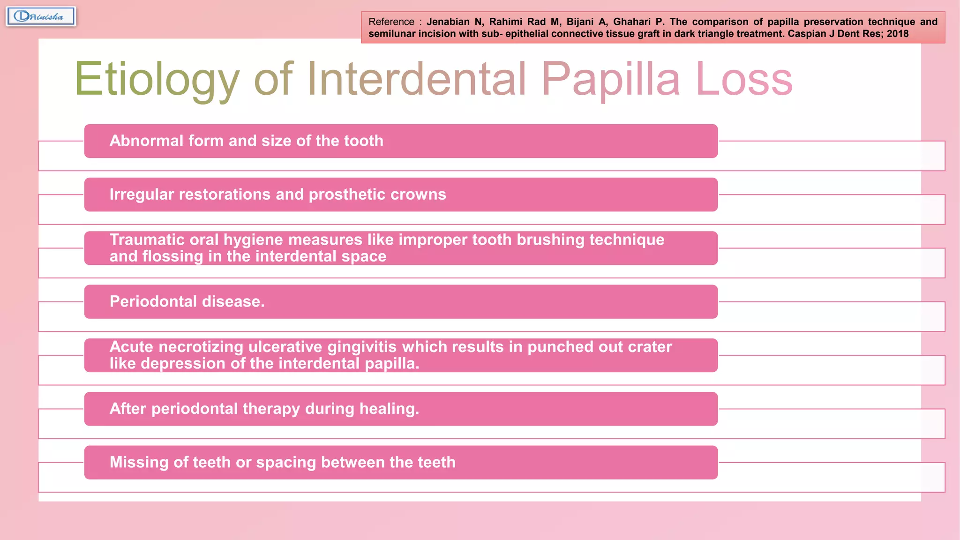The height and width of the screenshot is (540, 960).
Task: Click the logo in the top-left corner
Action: [41, 16]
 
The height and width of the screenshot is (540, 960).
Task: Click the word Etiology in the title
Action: [157, 80]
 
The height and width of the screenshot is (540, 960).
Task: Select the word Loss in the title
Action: [744, 80]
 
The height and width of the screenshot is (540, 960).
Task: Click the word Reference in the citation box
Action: [391, 22]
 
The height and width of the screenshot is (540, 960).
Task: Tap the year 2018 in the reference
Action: [897, 34]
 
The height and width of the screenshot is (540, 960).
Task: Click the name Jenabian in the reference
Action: [448, 22]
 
